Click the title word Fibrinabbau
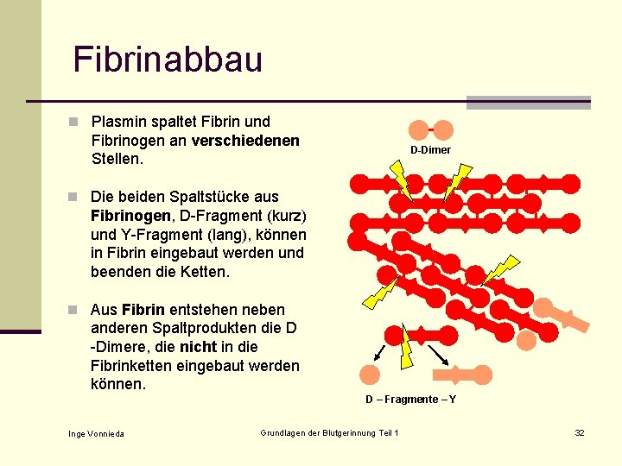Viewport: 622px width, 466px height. (168, 60)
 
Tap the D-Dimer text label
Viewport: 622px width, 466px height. (430, 150)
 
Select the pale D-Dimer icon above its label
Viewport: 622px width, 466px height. (430, 130)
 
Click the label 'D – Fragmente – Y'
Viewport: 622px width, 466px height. (410, 400)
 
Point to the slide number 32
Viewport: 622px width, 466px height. (580, 432)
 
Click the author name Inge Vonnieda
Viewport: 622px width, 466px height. (96, 433)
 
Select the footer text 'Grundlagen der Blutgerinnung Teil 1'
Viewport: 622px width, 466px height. (329, 432)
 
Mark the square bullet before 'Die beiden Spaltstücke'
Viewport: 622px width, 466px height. (75, 196)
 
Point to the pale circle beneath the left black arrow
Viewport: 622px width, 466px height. (370, 375)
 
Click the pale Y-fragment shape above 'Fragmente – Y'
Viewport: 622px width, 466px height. (466, 375)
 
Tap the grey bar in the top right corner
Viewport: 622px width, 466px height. (528, 102)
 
